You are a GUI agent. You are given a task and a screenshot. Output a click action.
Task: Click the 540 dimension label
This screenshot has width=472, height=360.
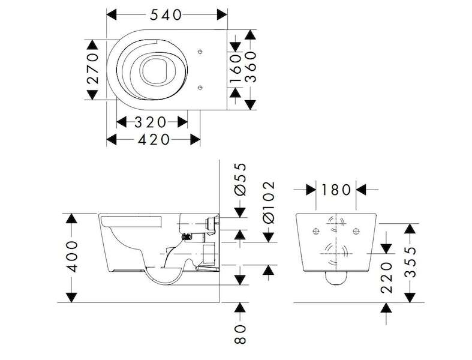(x=166, y=15)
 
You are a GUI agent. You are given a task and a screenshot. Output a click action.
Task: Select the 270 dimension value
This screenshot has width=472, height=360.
(x=92, y=68)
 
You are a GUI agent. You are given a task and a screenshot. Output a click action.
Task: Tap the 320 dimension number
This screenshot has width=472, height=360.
(x=150, y=122)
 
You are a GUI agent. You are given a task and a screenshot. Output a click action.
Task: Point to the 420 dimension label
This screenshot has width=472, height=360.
(x=154, y=139)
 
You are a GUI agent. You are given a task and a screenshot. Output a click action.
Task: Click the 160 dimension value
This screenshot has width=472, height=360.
(x=236, y=68)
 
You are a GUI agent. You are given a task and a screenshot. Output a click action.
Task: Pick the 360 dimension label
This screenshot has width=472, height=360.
(x=251, y=67)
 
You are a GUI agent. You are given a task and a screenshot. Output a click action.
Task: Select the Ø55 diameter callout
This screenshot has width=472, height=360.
(x=240, y=179)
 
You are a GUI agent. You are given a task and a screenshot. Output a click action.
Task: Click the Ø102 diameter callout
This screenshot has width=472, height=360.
(x=269, y=202)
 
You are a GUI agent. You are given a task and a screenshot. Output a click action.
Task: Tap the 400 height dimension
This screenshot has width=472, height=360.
(x=71, y=257)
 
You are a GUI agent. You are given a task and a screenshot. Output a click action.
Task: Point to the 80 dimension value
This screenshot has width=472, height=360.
(x=240, y=334)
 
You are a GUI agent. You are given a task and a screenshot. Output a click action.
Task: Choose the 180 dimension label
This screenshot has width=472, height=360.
(x=336, y=190)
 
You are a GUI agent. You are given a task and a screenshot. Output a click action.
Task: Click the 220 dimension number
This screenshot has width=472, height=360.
(x=386, y=278)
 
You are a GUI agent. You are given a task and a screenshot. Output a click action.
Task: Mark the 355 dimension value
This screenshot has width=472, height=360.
(x=410, y=262)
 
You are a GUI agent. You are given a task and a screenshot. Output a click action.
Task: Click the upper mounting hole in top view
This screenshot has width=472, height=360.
(x=200, y=52)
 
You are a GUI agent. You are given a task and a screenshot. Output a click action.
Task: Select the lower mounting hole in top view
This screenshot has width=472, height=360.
(x=200, y=88)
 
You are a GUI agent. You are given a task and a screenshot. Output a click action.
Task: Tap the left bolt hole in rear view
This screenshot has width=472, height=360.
(x=316, y=232)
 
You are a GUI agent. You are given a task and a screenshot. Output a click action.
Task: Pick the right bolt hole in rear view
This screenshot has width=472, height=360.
(x=356, y=232)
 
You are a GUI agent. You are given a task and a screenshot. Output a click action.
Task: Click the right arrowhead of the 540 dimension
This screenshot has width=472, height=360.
(x=222, y=14)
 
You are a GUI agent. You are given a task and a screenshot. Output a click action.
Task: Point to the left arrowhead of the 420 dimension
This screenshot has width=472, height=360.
(x=112, y=139)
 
